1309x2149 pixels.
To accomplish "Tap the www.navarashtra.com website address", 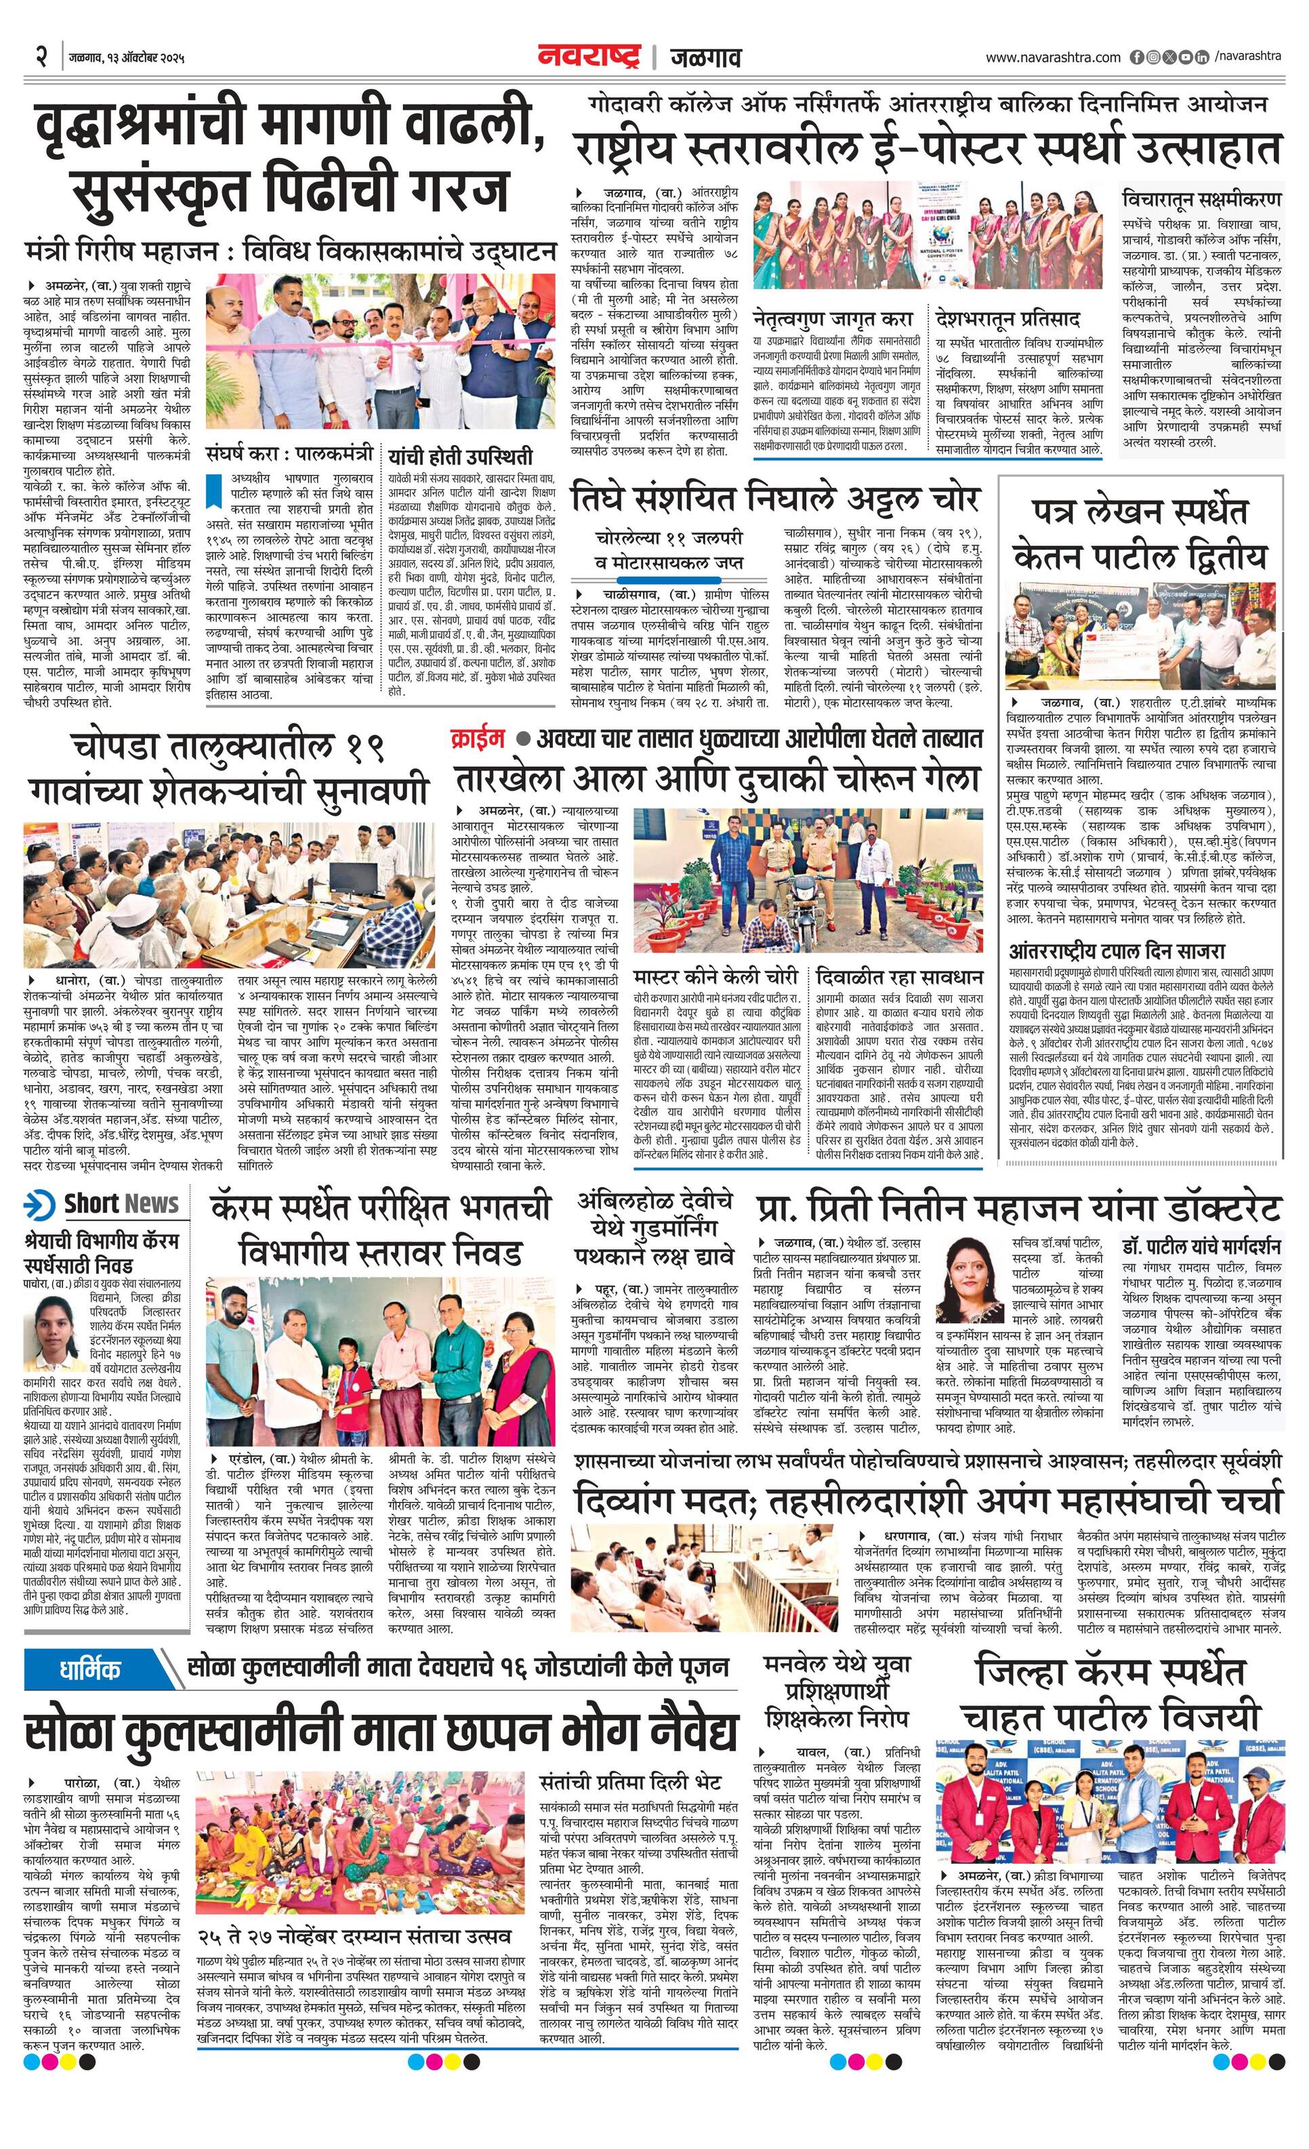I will click(1053, 58).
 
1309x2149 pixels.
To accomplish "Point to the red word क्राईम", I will click(477, 738).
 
